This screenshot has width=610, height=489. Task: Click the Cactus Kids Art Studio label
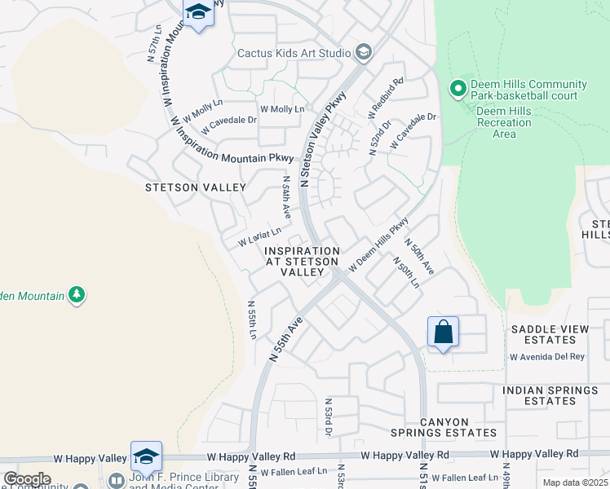[293, 54]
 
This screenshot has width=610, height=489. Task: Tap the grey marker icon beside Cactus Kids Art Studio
[364, 53]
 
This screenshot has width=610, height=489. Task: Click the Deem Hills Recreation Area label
[504, 122]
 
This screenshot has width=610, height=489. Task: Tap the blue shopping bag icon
[443, 333]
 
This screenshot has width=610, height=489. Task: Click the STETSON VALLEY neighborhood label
[196, 187]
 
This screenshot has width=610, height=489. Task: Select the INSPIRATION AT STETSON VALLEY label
[303, 262]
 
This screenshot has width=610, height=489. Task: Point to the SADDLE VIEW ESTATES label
[549, 334]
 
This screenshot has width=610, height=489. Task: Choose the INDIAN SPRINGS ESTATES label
[550, 396]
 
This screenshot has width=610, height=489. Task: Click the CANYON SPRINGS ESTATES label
[457, 427]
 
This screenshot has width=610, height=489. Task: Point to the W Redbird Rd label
[387, 95]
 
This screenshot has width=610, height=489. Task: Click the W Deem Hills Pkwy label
[378, 244]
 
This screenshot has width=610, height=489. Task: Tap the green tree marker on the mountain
[77, 293]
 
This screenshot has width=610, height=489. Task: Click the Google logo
[27, 478]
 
